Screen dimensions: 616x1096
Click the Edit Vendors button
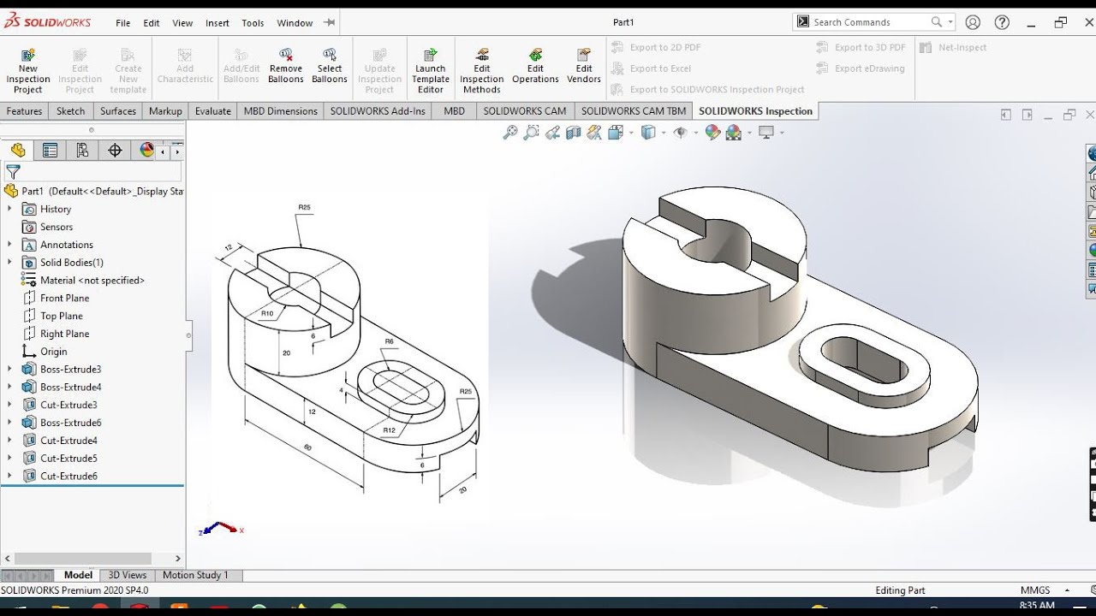(x=584, y=67)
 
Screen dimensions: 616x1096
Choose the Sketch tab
(x=71, y=111)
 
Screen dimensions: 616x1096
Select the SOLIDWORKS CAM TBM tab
(x=634, y=111)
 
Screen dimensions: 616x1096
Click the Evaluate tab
(x=213, y=111)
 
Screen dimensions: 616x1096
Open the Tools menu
(x=253, y=23)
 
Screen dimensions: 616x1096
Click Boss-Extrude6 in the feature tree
(x=70, y=423)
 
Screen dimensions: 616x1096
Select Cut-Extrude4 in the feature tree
(x=68, y=441)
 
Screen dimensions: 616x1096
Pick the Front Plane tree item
(x=64, y=298)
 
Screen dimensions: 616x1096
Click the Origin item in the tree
(x=53, y=352)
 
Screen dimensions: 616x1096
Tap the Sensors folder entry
(x=57, y=227)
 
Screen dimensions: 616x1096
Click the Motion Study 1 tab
(x=195, y=575)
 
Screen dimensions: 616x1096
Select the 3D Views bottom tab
(x=128, y=575)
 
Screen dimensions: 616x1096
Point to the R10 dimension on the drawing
(x=267, y=314)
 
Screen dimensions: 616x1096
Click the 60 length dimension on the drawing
(x=307, y=447)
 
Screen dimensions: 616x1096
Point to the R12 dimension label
(x=390, y=430)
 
